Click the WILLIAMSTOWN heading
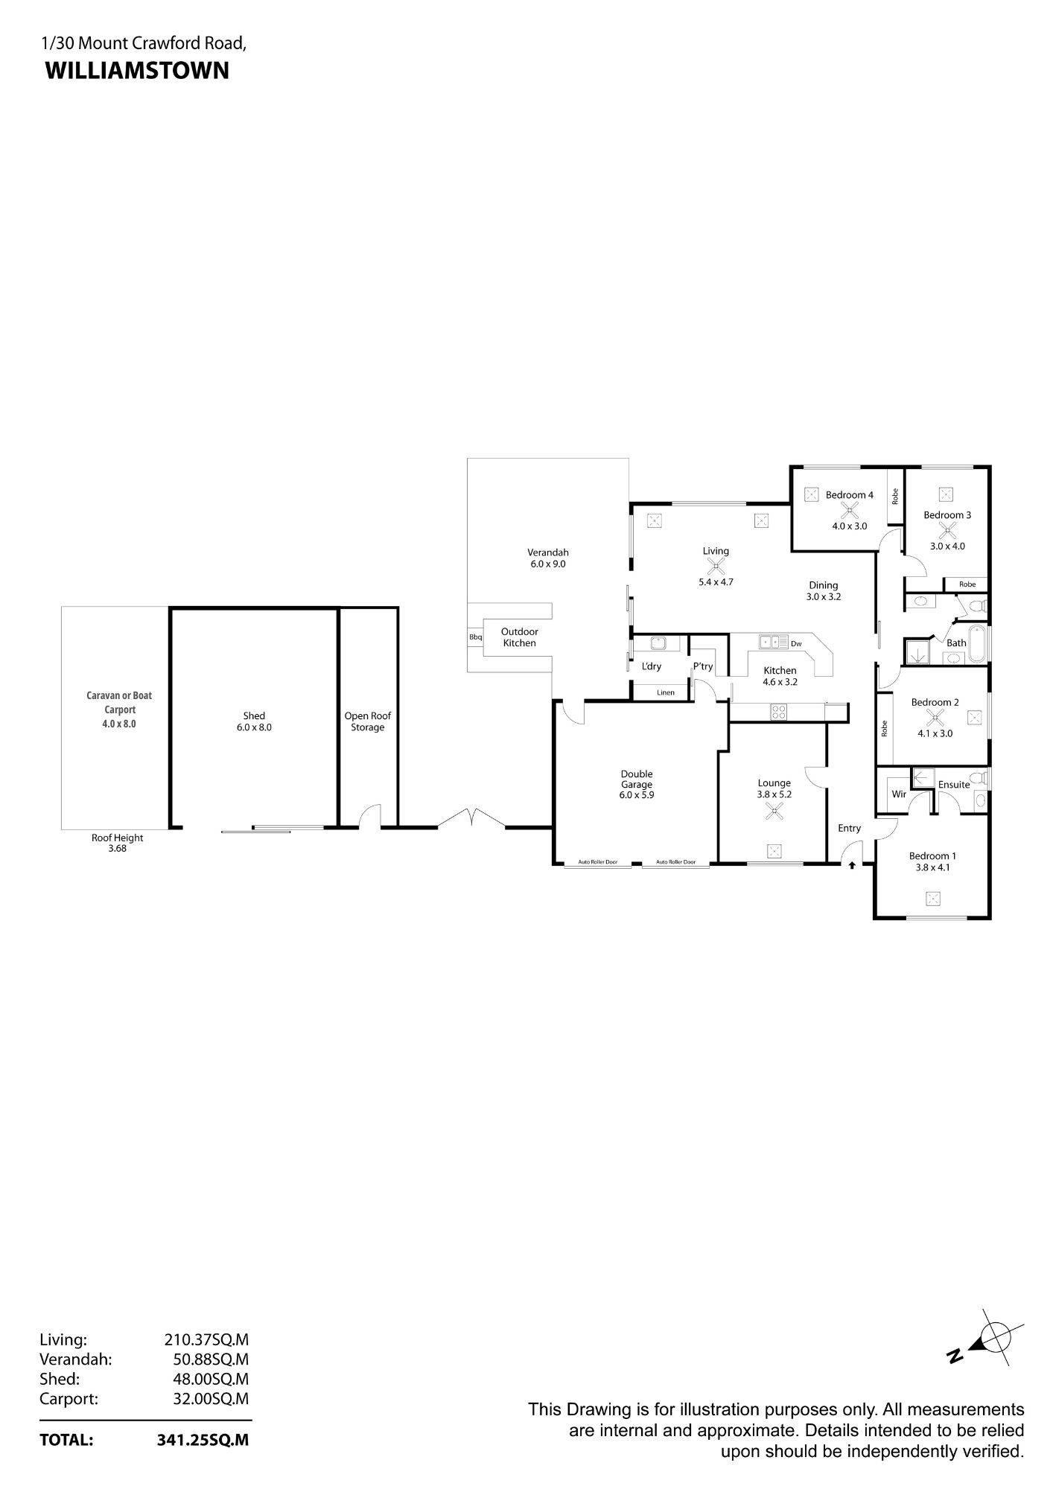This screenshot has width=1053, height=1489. [x=137, y=71]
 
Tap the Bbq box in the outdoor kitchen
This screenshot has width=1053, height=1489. [x=475, y=637]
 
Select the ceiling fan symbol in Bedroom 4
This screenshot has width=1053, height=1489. [x=849, y=511]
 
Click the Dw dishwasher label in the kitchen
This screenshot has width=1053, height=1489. [x=796, y=644]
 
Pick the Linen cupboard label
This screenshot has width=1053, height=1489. [x=666, y=692]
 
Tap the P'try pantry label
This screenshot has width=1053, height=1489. [x=703, y=666]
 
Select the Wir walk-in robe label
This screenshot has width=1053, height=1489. [x=899, y=794]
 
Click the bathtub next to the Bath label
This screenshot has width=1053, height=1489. [x=979, y=645]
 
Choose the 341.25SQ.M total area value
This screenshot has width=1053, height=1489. [x=203, y=1440]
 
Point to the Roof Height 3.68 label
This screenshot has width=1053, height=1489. [x=118, y=843]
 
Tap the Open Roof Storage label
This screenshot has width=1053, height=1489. [x=368, y=721]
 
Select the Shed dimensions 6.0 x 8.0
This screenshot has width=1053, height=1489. [x=254, y=727]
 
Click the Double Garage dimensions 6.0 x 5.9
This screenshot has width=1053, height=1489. [x=636, y=795]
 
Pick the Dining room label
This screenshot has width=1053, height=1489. [x=824, y=585]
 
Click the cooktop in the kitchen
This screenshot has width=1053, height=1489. [x=779, y=712]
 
